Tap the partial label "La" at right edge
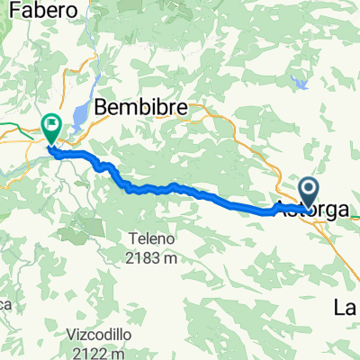(x=347, y=308)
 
